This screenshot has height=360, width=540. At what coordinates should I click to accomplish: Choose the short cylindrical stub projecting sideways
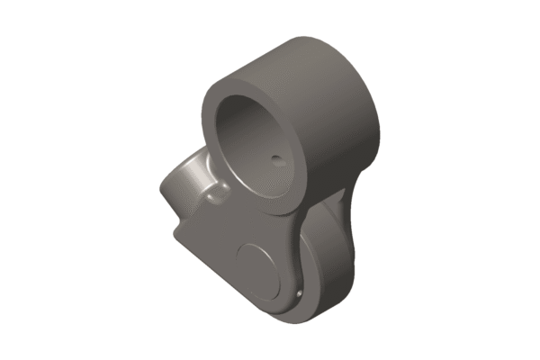tap(180, 184)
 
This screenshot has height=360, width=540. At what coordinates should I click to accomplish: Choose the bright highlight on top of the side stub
tap(191, 165)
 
